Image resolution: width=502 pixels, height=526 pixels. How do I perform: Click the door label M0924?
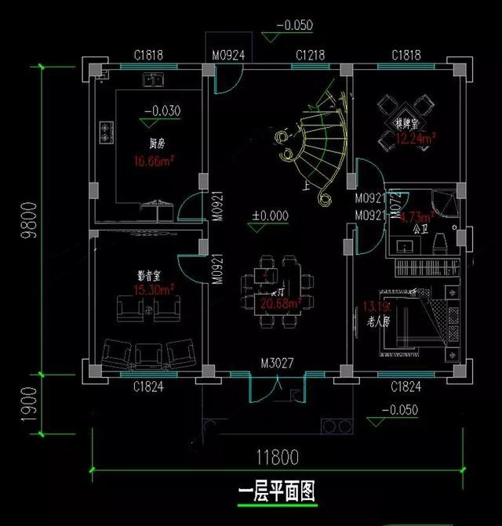click(229, 56)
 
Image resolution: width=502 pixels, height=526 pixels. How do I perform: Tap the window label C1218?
click(310, 56)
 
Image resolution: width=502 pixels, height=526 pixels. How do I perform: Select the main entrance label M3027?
click(278, 365)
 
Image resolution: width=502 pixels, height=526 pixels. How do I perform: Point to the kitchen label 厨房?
click(157, 144)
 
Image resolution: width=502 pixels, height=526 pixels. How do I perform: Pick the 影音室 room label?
click(149, 276)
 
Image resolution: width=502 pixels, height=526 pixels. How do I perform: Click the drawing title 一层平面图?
click(275, 492)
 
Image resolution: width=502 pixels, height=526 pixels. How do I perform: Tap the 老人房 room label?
click(379, 322)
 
